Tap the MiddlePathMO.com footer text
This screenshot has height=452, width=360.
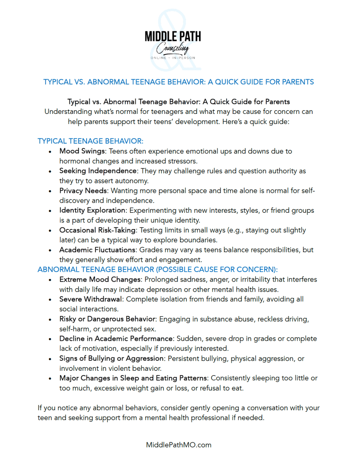tap(179, 444)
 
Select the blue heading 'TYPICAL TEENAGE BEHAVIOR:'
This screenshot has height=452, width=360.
tap(91, 141)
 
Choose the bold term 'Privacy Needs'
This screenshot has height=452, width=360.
tap(83, 191)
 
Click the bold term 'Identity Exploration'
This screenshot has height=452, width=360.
tap(93, 211)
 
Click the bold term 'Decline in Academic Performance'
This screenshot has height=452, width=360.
tap(116, 339)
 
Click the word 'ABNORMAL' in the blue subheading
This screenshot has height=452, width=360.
tap(57, 269)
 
